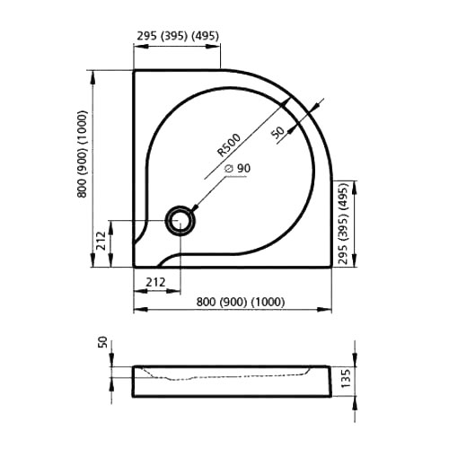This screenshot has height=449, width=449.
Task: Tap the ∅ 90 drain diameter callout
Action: point(235,170)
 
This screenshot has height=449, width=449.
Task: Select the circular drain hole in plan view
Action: point(180,220)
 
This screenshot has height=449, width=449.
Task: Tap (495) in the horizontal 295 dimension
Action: point(207,38)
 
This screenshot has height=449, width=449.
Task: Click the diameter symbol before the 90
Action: point(227,170)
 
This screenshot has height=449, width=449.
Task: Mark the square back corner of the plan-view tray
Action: point(135,72)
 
